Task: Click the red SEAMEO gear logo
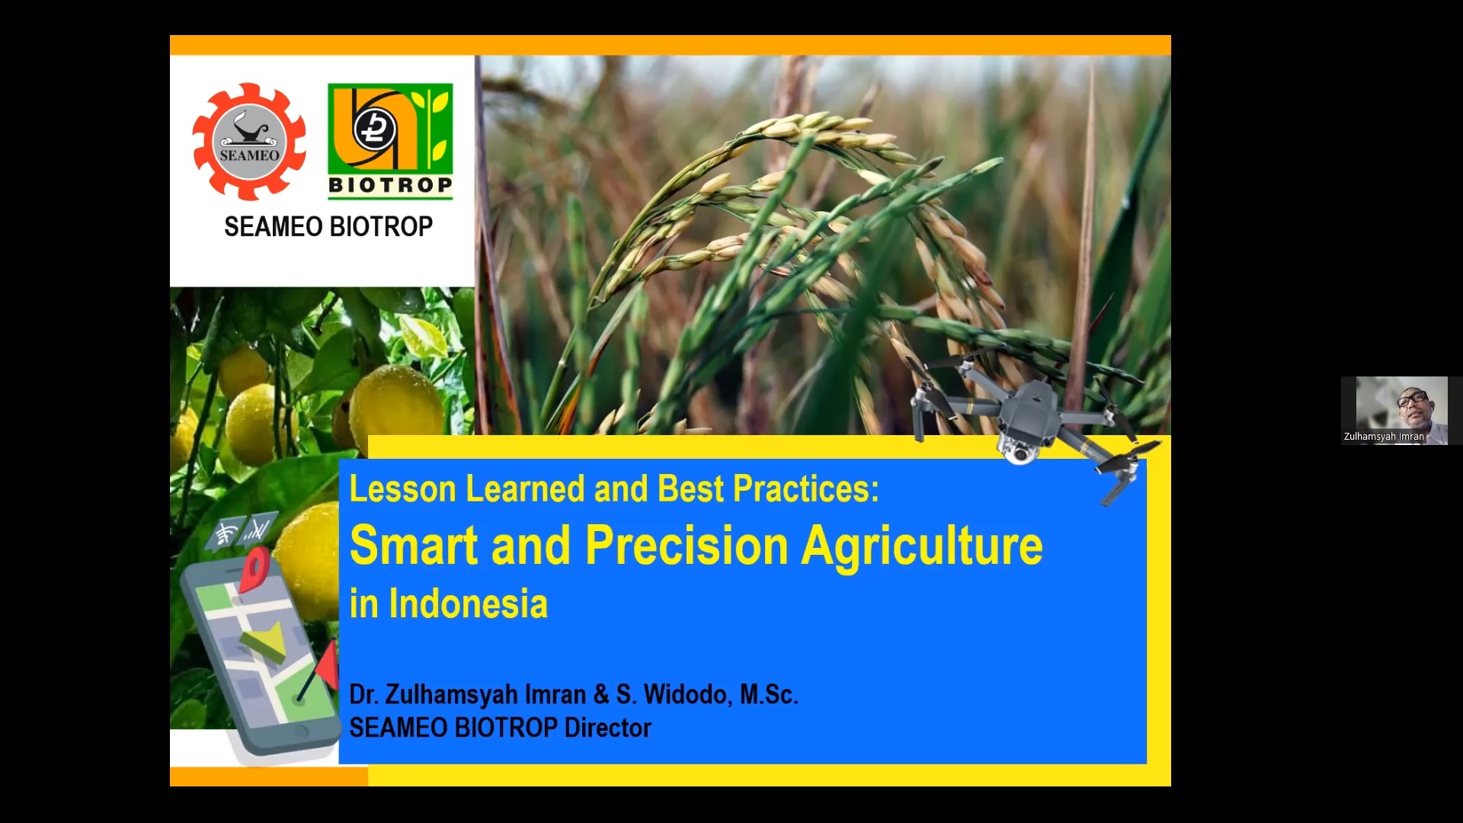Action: click(x=249, y=142)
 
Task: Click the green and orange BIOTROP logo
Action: click(x=390, y=141)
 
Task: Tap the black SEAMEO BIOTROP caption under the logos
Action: click(x=328, y=226)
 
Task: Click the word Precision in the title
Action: click(x=687, y=546)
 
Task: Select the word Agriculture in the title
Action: click(x=922, y=547)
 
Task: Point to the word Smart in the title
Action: click(x=414, y=546)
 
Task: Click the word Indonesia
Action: click(x=468, y=604)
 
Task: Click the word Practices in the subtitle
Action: click(x=805, y=489)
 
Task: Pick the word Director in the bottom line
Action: click(x=607, y=728)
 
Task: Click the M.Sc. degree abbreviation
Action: click(x=769, y=694)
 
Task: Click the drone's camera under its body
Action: click(x=1019, y=451)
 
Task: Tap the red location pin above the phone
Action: click(x=255, y=568)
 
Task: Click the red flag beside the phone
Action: click(x=327, y=663)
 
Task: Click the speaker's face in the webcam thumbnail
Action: click(x=1413, y=408)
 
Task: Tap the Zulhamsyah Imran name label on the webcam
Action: click(x=1384, y=437)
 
